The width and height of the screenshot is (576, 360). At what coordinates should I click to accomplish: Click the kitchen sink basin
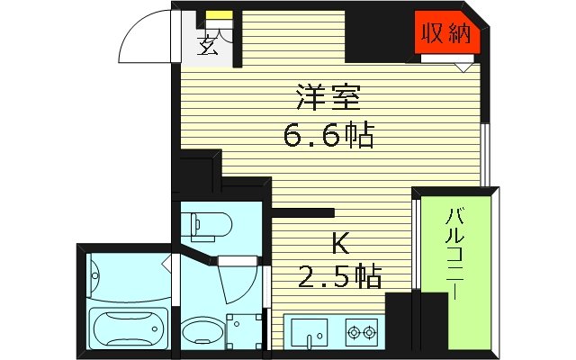click(x=309, y=333)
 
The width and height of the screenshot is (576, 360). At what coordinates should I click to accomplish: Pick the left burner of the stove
click(x=352, y=333)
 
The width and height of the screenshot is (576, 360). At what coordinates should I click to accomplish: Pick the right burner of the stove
click(x=369, y=333)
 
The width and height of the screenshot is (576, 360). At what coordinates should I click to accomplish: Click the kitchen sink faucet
click(x=309, y=341)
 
